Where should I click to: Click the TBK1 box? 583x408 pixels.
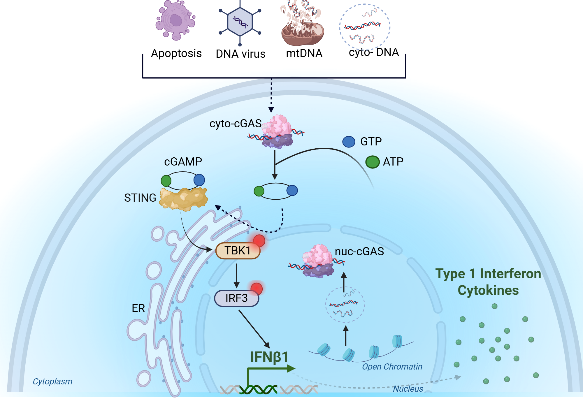coord(237,251)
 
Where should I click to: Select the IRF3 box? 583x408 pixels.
coord(236,298)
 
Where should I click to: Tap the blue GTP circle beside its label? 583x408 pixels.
coord(349,142)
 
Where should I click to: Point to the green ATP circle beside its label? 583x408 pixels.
coord(372,162)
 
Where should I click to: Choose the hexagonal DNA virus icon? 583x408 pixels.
coord(240,22)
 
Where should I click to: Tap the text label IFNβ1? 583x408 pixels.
coord(269,357)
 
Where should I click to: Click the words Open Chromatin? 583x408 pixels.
coord(392,367)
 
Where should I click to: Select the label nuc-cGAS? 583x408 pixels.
coord(359,252)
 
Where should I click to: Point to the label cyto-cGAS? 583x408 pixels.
coord(236,124)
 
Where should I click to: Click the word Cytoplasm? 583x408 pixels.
coord(52,381)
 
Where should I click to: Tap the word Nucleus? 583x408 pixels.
coord(408,389)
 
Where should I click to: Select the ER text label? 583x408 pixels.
coord(138,308)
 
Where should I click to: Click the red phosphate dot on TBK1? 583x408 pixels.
coord(259,241)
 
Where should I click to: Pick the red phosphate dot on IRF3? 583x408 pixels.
coord(257,289)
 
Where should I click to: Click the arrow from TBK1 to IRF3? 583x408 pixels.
coord(236,275)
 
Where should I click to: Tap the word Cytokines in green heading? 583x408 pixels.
coord(488,291)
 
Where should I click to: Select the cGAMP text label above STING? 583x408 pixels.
coord(183,162)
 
